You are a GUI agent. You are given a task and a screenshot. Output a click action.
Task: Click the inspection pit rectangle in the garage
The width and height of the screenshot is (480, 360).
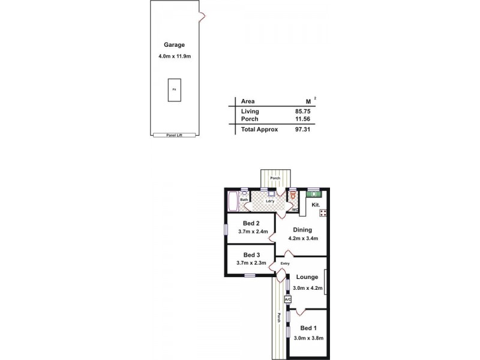(175, 90)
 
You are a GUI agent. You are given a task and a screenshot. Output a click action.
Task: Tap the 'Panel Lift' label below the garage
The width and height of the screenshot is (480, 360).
(174, 136)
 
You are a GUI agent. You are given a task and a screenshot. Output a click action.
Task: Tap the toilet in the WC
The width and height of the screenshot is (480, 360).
(293, 196)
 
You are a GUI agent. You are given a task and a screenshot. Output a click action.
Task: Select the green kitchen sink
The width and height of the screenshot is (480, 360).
(314, 194)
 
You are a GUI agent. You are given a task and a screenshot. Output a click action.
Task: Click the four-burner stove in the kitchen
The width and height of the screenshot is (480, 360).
(323, 213)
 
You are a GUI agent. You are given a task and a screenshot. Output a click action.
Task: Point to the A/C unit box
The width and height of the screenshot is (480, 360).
(287, 299)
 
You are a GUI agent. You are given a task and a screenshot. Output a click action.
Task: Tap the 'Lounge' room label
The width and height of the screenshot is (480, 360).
(307, 277)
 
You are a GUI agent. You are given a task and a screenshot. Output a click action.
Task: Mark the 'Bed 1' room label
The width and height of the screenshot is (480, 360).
(308, 328)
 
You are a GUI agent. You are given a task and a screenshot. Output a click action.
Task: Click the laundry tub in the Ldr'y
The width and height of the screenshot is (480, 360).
(271, 194)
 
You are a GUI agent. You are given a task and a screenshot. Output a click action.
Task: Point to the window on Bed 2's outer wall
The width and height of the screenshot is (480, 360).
(226, 230)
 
